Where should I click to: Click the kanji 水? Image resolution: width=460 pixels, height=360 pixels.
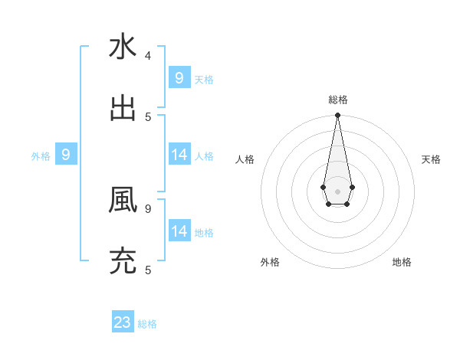click(123, 47)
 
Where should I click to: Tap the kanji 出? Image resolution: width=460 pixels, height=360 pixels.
click(123, 107)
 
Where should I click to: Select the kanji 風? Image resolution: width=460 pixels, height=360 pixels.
click(123, 200)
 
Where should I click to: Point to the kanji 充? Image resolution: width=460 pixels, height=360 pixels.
click(123, 260)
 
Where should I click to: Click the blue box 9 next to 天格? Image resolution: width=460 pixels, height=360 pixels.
click(179, 78)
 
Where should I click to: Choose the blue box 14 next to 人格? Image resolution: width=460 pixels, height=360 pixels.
click(179, 155)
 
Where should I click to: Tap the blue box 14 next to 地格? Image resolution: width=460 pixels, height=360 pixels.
click(179, 231)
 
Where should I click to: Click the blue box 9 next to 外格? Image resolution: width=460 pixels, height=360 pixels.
click(66, 155)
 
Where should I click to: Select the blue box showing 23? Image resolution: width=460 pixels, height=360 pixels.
click(123, 322)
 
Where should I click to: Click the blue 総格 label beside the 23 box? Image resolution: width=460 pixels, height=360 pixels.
click(148, 324)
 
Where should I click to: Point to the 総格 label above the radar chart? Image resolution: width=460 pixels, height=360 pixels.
click(337, 100)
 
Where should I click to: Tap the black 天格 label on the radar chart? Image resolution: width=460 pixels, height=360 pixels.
click(431, 159)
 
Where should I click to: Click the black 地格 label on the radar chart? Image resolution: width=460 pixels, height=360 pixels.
click(402, 262)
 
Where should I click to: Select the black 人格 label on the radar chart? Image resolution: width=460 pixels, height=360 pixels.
click(245, 159)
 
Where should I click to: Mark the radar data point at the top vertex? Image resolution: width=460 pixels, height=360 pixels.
click(337, 116)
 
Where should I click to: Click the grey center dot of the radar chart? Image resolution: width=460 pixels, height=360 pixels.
click(337, 191)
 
